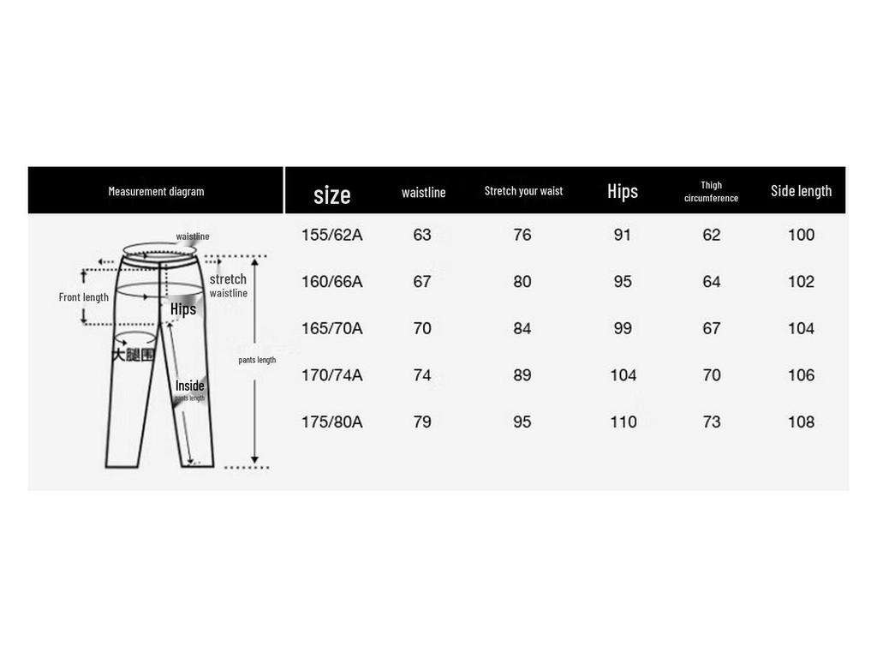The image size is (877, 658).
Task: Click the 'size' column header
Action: [x=331, y=194]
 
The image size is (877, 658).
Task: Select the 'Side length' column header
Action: [x=801, y=190]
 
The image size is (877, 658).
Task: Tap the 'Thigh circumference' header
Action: [x=711, y=191]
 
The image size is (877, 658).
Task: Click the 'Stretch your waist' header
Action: [x=523, y=190]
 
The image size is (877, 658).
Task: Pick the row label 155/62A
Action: [x=331, y=235]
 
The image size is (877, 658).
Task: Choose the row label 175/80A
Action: [x=331, y=422]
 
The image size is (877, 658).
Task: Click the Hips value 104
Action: [x=623, y=375]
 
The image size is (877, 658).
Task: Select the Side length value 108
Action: [x=801, y=422]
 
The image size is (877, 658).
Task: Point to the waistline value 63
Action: [x=422, y=235]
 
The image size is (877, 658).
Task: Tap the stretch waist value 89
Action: [x=522, y=375]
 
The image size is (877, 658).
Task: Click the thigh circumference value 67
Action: [x=711, y=328]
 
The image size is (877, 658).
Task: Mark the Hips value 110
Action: [x=623, y=422]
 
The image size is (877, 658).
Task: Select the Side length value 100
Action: [x=801, y=235]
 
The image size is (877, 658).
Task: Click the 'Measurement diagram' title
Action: [x=156, y=191]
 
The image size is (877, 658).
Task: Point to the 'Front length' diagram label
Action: [x=84, y=297]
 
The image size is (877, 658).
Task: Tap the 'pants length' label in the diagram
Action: [x=257, y=360]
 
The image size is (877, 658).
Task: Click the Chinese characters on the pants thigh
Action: [x=133, y=354]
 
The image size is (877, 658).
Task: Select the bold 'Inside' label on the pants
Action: [x=190, y=386]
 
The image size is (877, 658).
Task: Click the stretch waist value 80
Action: [x=522, y=282]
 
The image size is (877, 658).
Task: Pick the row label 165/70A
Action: [x=331, y=328]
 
